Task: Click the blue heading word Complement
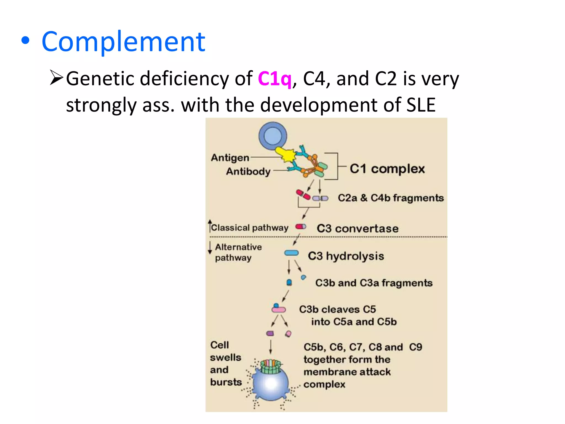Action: [123, 42]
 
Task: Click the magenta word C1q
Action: [274, 79]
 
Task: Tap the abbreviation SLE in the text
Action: [421, 105]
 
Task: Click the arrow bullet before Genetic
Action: [57, 78]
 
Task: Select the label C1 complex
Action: [387, 169]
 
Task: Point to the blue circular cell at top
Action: [273, 136]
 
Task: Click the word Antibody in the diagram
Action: [248, 171]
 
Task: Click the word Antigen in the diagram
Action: [230, 158]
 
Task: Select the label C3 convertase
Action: [358, 229]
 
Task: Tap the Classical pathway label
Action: [249, 228]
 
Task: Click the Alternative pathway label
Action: [238, 252]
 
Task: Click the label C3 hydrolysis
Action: [346, 256]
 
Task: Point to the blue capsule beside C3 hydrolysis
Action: [291, 253]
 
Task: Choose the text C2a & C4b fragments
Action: [391, 198]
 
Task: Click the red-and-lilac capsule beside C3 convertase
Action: [300, 227]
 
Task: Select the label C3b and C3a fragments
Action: [374, 283]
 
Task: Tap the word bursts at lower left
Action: [226, 382]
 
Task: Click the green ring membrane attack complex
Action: [270, 366]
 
